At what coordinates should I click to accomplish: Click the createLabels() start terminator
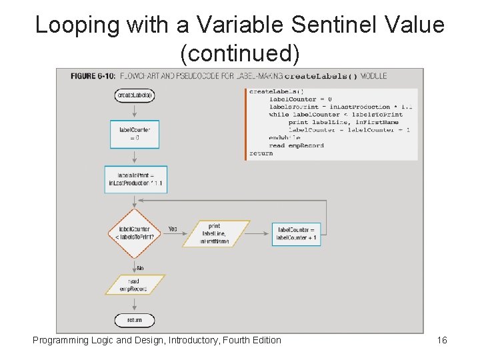(135, 95)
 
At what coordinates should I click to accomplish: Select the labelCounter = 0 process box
(135, 133)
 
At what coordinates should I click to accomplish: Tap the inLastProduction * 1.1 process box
(135, 179)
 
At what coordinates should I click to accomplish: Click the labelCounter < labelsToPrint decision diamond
(135, 233)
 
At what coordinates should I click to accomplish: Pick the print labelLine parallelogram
(215, 233)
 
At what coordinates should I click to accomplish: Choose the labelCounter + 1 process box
(296, 233)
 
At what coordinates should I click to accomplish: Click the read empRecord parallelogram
(134, 285)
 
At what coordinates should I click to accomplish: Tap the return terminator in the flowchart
(134, 321)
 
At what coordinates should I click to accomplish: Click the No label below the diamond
(140, 267)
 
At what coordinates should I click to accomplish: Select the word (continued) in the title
(240, 51)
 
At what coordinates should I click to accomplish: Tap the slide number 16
(442, 341)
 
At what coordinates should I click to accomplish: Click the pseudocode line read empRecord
(297, 145)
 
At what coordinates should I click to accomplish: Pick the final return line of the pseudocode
(261, 153)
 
